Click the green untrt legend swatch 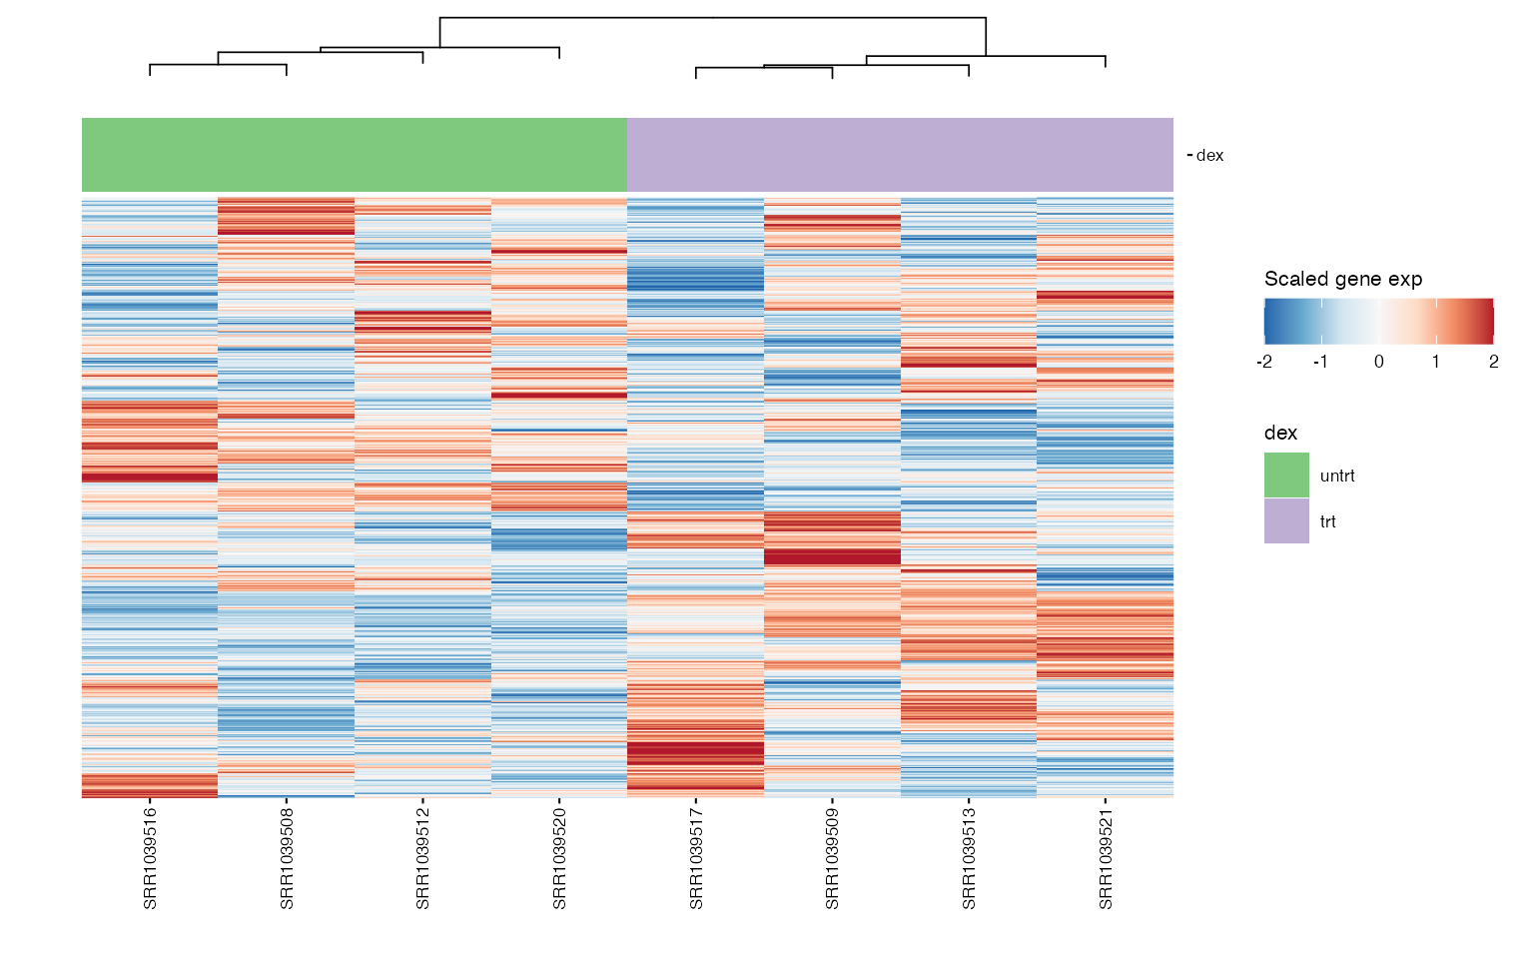click(x=1286, y=476)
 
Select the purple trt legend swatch click(x=1286, y=521)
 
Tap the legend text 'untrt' click(x=1337, y=477)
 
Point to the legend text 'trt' click(x=1328, y=522)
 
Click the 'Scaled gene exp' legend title click(x=1343, y=279)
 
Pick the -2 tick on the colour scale click(x=1264, y=362)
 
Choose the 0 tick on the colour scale click(x=1379, y=362)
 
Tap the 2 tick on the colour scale click(x=1493, y=362)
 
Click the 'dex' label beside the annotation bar click(x=1209, y=156)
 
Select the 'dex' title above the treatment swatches click(x=1280, y=433)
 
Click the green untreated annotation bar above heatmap click(x=354, y=155)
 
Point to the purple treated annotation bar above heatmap click(x=900, y=155)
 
